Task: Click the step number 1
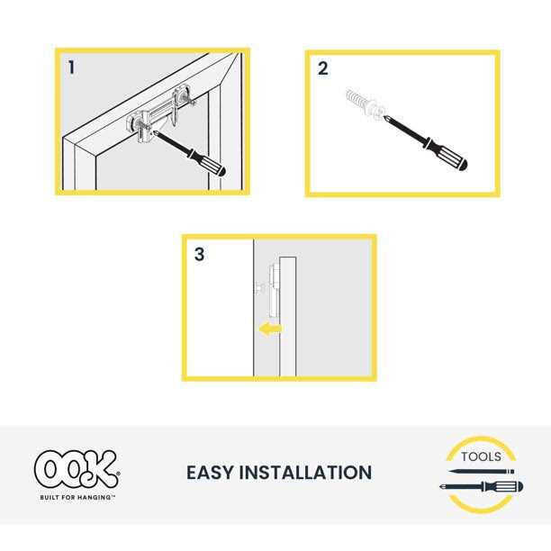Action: (x=70, y=67)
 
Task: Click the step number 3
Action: (x=199, y=255)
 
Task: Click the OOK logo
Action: (x=76, y=469)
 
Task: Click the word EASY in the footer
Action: (x=212, y=473)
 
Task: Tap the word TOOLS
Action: (x=480, y=456)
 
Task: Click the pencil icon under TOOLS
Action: (x=478, y=471)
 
